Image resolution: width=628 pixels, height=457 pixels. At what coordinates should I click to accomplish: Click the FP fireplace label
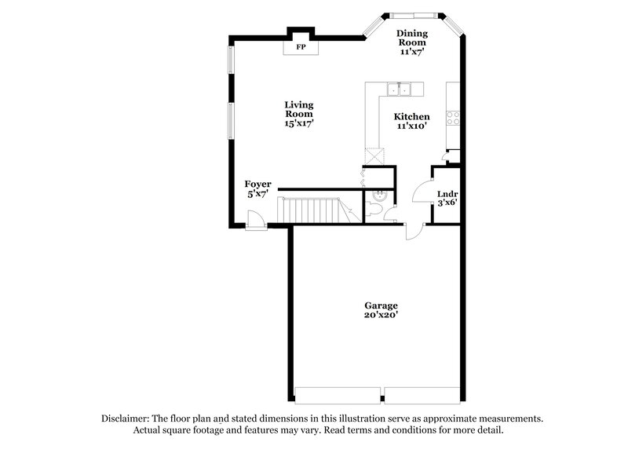[300, 47]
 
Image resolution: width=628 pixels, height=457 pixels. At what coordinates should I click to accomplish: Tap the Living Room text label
[298, 109]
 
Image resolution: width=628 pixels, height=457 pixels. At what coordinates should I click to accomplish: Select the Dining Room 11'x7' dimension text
[411, 51]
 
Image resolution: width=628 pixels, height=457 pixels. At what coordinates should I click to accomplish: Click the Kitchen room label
[411, 116]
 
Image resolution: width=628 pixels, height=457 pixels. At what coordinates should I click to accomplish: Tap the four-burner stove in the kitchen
[453, 118]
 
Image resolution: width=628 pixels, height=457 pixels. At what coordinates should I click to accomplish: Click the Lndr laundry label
[447, 193]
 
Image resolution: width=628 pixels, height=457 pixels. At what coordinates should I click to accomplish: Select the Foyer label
[258, 184]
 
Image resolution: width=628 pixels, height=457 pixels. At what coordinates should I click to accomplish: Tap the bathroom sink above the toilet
[381, 194]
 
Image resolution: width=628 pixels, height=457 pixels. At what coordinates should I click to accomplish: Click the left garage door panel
[338, 395]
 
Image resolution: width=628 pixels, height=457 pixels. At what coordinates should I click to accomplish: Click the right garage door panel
[422, 395]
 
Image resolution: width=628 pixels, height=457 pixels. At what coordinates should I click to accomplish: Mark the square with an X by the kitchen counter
[374, 155]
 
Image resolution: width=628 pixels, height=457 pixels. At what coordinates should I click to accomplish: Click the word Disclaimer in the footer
[128, 419]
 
